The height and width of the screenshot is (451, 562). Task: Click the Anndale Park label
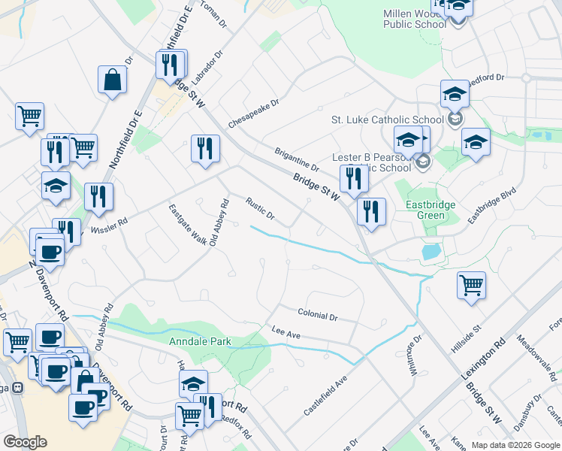pos(199,341)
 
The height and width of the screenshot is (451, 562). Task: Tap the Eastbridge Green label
pos(436,210)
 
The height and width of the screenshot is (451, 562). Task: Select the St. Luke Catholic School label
pos(388,120)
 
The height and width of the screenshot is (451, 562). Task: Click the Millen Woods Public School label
pos(415,19)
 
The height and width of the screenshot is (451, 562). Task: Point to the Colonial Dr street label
pos(317,315)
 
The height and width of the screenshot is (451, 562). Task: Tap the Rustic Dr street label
pos(261,209)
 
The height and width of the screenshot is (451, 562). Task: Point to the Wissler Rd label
pos(109,223)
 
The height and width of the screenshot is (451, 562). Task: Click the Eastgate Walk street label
pos(187,225)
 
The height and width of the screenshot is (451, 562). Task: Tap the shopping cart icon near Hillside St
pos(471,286)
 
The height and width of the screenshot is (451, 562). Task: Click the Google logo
pos(25,442)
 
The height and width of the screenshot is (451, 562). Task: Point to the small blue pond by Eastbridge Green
pos(431,252)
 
